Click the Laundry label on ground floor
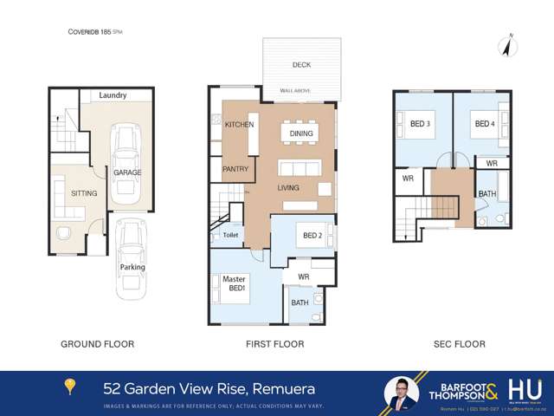(x=113, y=95)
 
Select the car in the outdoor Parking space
(x=132, y=256)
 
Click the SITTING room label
(x=84, y=193)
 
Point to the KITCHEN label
(x=239, y=125)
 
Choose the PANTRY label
(x=235, y=169)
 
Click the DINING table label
(x=301, y=133)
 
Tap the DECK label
(x=301, y=64)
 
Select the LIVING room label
(x=287, y=187)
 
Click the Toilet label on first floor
(x=230, y=234)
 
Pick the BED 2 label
(x=312, y=236)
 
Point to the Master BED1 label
(x=235, y=283)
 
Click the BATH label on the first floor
(x=300, y=302)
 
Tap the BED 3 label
(x=421, y=125)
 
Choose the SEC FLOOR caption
(x=459, y=344)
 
